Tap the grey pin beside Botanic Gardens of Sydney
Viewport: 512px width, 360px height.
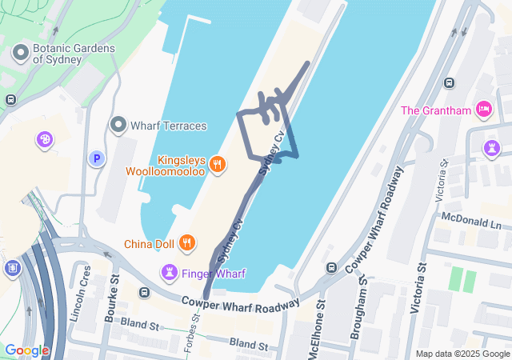[21, 54]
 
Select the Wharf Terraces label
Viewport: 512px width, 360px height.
[168, 126]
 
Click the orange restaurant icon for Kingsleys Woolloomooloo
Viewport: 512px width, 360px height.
[217, 165]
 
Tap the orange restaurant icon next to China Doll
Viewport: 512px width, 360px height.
[186, 242]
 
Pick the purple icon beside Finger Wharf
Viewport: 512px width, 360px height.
[170, 273]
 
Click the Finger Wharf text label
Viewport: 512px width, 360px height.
[214, 274]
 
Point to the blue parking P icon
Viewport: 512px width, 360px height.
[97, 158]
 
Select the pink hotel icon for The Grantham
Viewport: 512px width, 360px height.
[483, 109]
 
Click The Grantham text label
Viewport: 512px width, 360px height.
[437, 110]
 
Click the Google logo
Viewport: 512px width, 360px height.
[26, 350]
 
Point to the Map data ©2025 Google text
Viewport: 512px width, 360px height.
[462, 354]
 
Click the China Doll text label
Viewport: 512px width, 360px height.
[150, 243]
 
